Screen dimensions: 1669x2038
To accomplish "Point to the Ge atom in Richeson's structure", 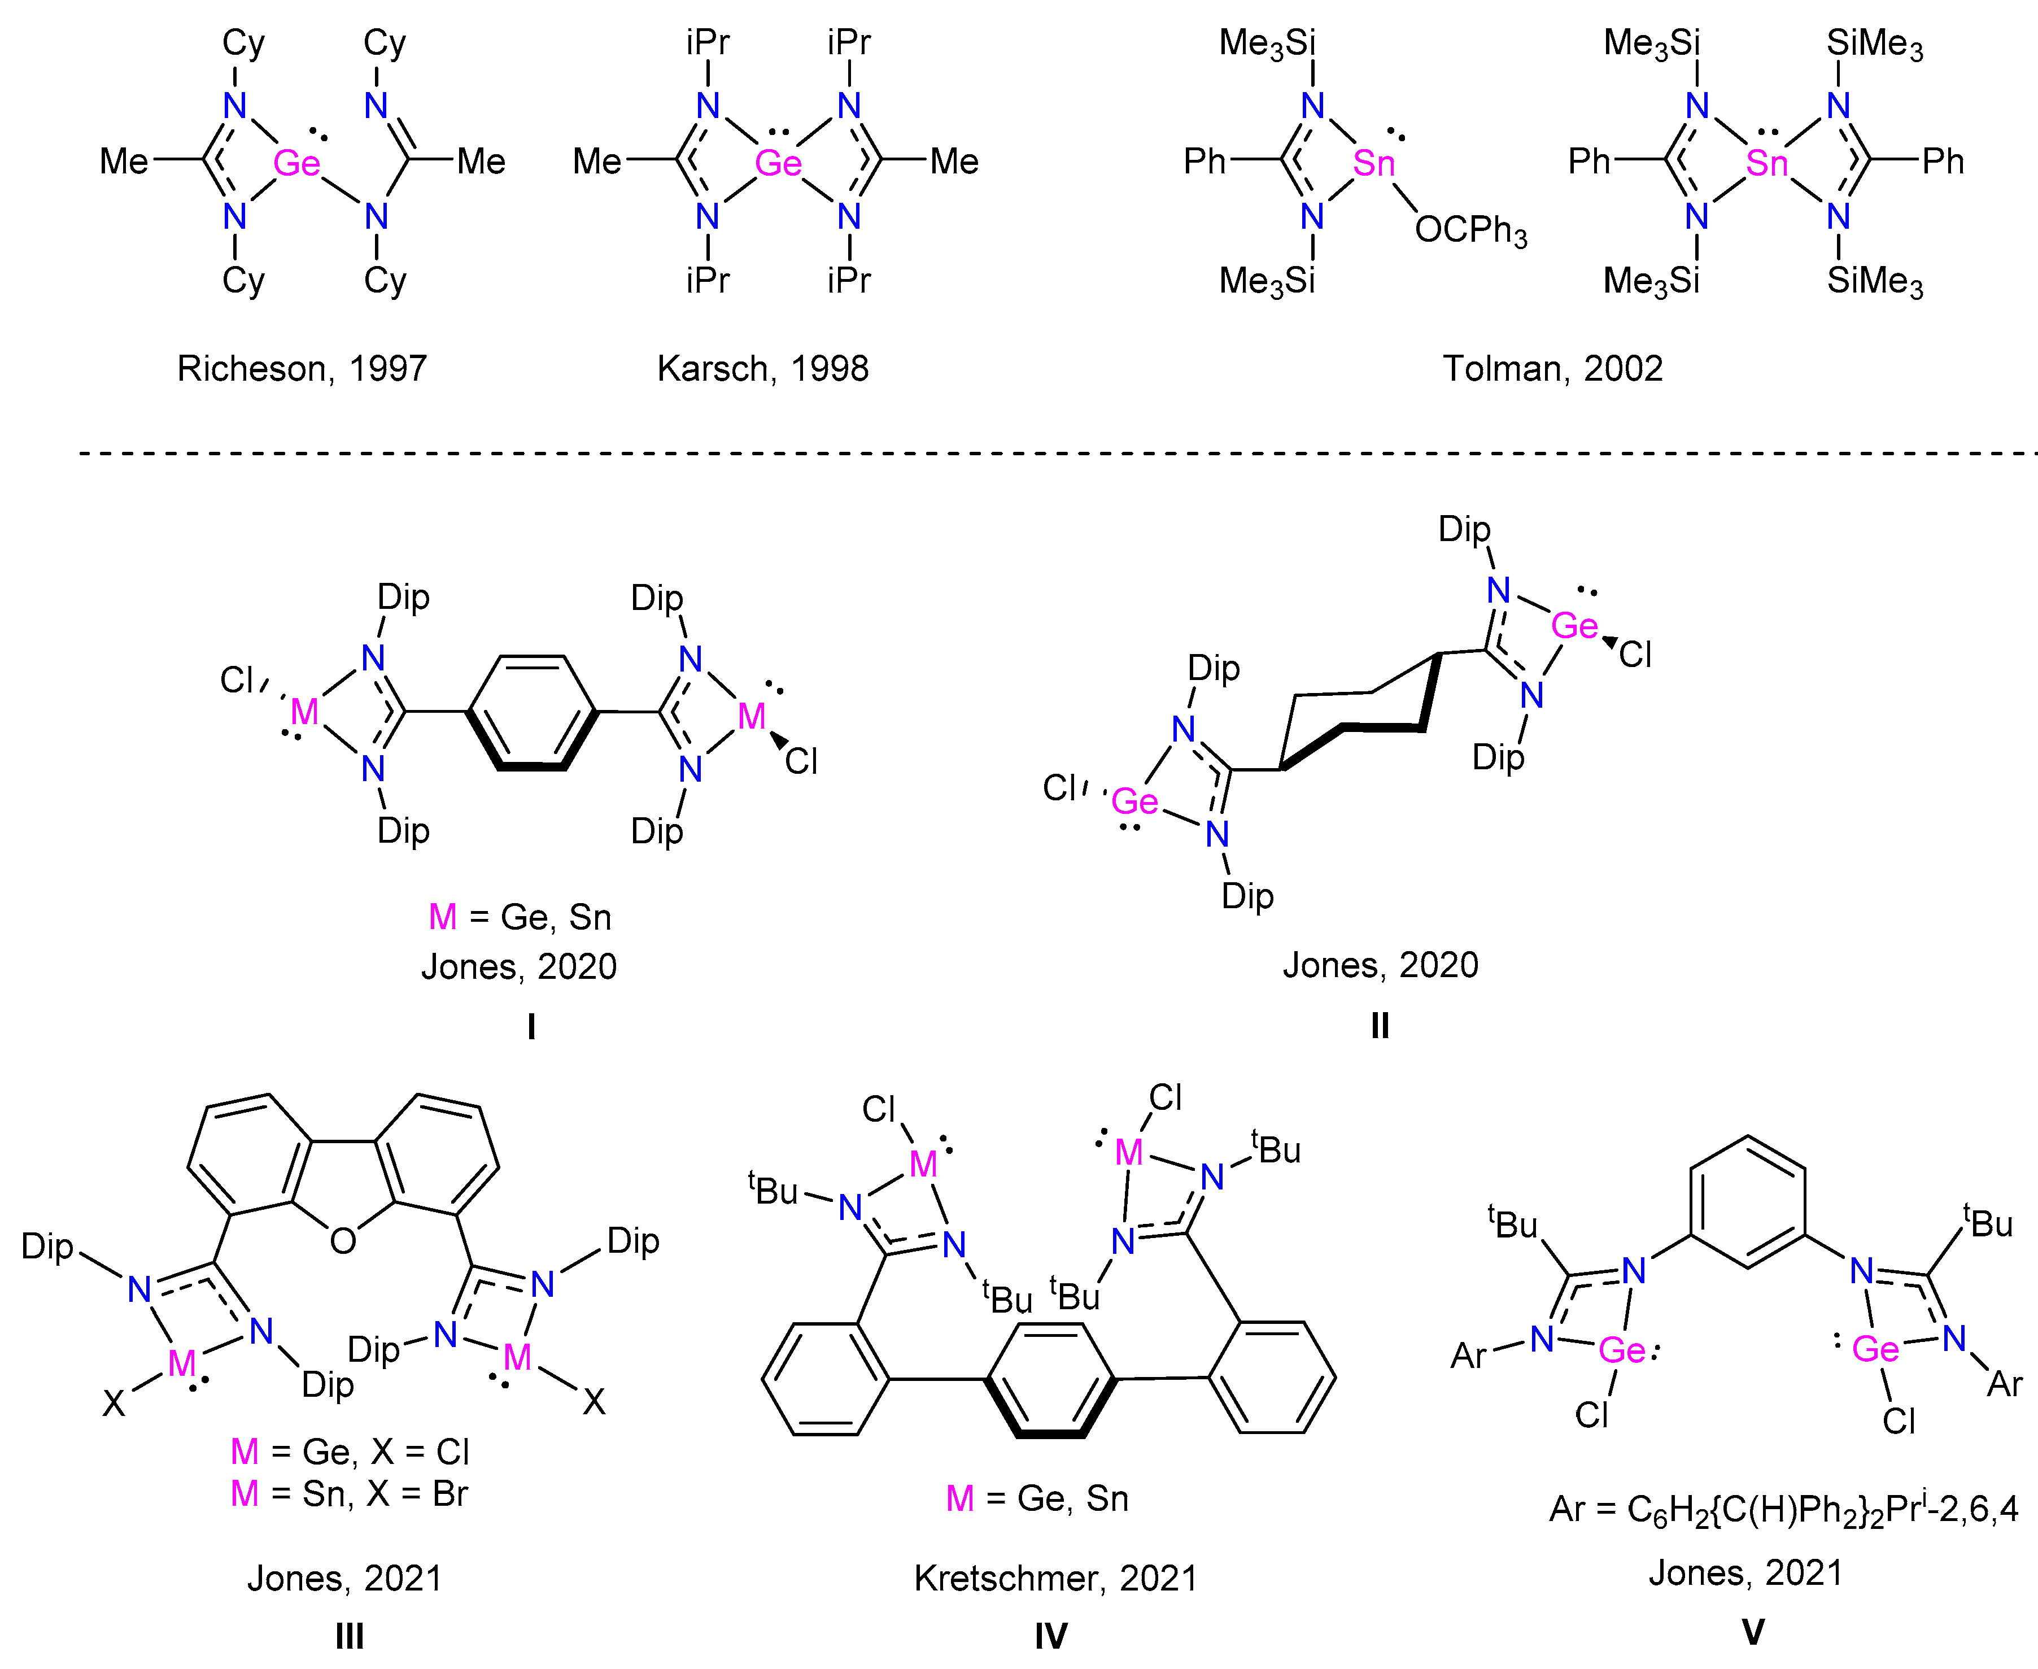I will tap(296, 163).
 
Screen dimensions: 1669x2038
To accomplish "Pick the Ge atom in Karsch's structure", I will tap(778, 163).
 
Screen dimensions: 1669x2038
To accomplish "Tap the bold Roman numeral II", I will tap(1380, 1026).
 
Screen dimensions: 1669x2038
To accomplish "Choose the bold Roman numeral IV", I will tap(1051, 1635).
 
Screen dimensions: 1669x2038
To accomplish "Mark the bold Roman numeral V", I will tap(1752, 1632).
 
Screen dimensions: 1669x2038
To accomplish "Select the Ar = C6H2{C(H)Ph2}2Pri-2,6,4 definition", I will tap(1783, 1509).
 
